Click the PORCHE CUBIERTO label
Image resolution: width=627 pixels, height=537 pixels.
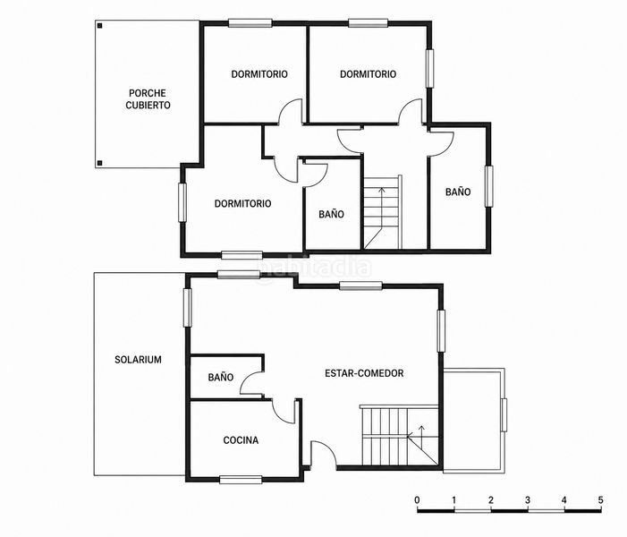pos(148,98)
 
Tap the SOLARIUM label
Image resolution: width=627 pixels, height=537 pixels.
pos(138,359)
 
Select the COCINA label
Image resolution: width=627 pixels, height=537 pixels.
pos(241,440)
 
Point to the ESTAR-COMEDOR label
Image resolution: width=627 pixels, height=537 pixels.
pos(364,373)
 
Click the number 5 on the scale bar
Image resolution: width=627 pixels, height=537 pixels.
pos(600,499)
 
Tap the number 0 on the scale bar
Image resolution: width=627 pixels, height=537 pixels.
pos(418,499)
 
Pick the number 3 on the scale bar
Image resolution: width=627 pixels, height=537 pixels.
pos(528,499)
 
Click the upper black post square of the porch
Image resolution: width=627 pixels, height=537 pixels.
pos(100,26)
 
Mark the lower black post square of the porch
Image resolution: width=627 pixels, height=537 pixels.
pos(100,163)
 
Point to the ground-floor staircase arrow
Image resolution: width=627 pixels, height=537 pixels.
pos(420,432)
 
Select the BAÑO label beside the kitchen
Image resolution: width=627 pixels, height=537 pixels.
pos(221,377)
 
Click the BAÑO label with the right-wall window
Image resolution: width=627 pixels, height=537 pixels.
pos(458,192)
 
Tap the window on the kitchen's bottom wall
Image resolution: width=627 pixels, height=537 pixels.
pos(241,480)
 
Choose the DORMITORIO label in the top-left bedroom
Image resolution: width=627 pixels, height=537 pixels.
pos(259,74)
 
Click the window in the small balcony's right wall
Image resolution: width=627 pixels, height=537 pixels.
pos(504,415)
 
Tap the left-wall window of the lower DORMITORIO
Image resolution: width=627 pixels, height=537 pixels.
pos(182,202)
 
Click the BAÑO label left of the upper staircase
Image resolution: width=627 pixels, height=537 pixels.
pos(331,214)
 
